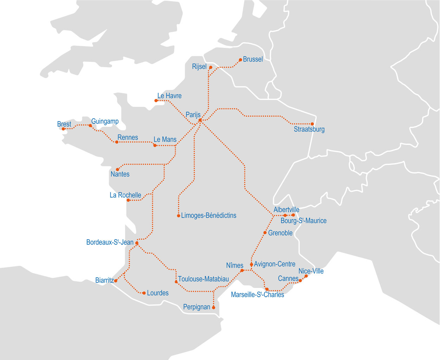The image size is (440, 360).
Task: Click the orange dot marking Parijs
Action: pos(200,120)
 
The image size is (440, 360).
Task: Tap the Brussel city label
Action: pos(253,59)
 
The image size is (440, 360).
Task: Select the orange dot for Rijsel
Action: pos(211,67)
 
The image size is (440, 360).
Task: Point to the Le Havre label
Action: pos(169,96)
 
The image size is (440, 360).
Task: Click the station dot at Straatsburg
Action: pos(312,124)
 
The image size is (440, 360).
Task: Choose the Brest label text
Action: pos(64,124)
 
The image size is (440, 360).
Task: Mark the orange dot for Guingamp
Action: pos(90,125)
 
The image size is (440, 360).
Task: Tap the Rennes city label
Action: pos(128,137)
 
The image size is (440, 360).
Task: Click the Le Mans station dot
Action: pos(155,145)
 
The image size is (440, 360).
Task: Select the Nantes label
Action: pos(120,174)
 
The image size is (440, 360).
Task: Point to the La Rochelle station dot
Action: pos(128,200)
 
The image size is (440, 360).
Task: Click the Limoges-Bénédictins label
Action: pos(209,216)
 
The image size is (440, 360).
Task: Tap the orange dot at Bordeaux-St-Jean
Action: pos(137,243)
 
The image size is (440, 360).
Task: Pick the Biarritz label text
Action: pos(104,280)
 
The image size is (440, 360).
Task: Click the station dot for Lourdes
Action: pos(144,293)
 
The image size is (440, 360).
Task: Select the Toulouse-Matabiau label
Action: pos(203,279)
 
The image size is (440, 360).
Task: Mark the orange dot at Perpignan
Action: pos(213,308)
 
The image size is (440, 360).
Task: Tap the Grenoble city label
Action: pos(280,233)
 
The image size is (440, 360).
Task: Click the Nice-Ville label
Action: pos(311,271)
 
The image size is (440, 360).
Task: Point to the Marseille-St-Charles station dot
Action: pos(267,289)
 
